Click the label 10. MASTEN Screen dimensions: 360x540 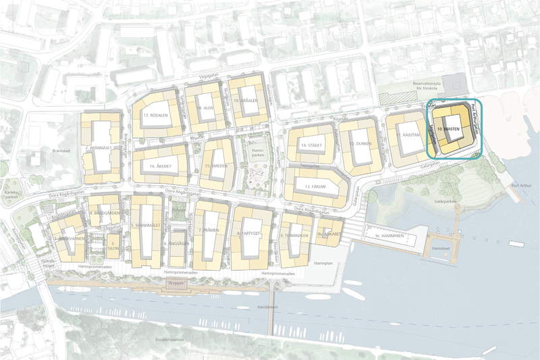(448, 128)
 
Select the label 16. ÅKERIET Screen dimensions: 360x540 (156, 165)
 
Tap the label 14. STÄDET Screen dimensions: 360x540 (312, 145)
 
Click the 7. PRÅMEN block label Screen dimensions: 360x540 (212, 232)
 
